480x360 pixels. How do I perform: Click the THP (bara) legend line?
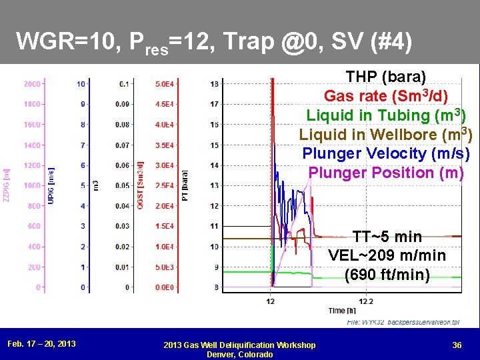[386, 77]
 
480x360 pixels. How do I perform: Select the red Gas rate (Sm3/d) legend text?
[386, 96]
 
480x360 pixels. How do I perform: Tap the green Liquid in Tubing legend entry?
[386, 115]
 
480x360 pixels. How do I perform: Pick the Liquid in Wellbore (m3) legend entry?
[386, 135]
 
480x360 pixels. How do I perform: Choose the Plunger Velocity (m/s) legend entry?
[386, 153]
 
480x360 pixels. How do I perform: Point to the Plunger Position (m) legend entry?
[386, 173]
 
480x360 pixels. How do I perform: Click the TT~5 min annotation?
[387, 237]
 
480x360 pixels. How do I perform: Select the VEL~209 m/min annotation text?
[387, 255]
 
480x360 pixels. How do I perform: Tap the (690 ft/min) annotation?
[387, 274]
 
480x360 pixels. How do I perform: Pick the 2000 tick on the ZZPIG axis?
[32, 84]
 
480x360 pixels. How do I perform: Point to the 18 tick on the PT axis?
[214, 84]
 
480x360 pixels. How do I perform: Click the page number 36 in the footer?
[457, 344]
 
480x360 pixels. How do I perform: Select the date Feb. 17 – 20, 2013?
[41, 344]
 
